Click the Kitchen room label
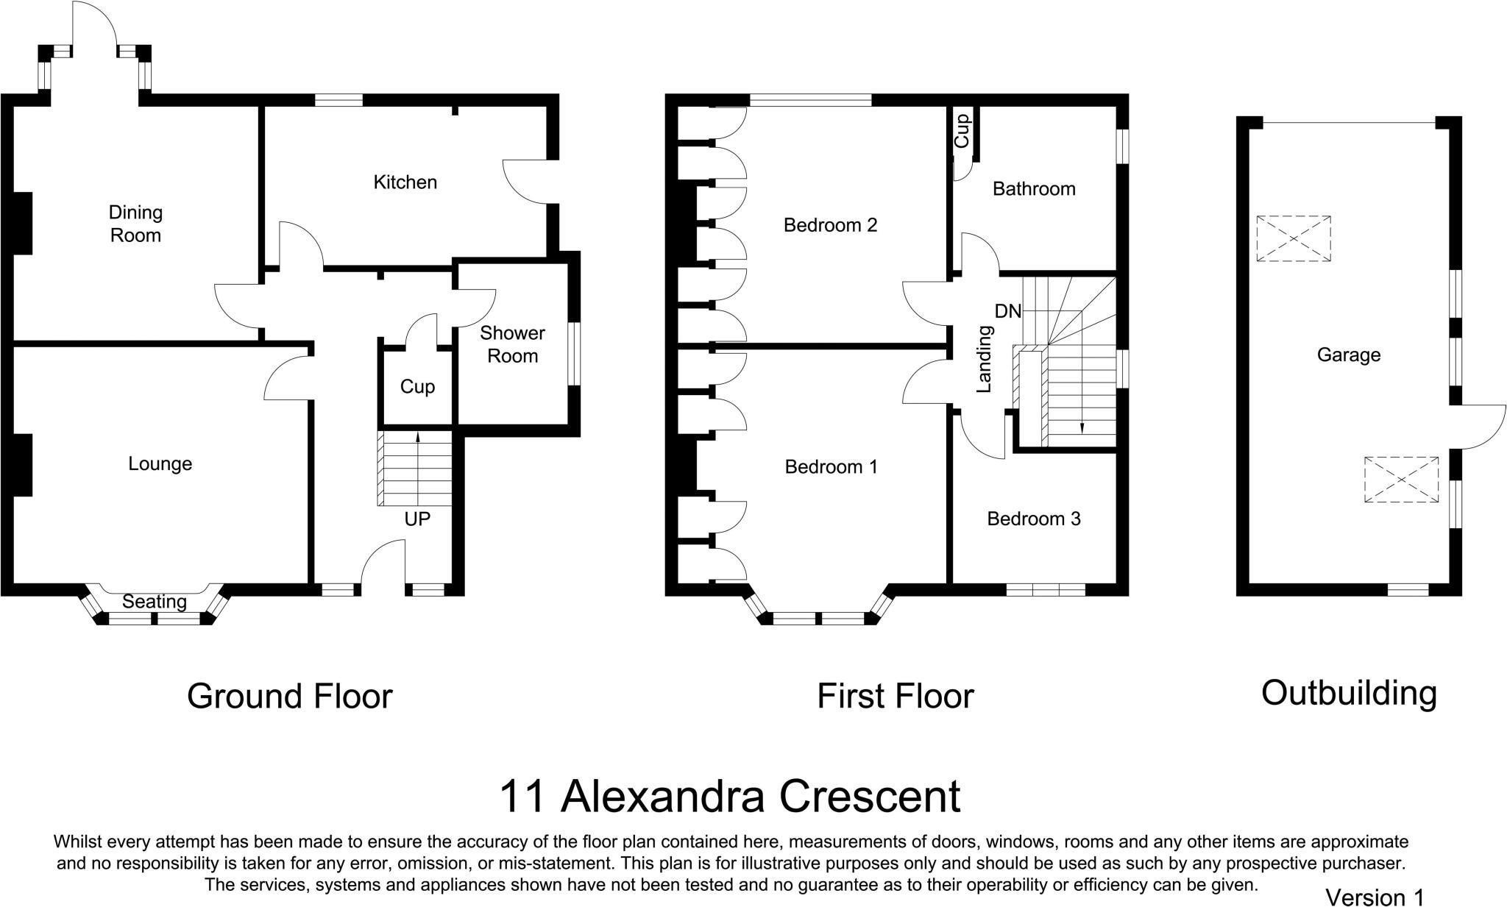coord(405,182)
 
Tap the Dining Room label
coord(135,224)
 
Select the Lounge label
coord(160,463)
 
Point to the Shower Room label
coord(512,344)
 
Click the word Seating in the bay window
coord(155,602)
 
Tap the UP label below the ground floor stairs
coord(417,519)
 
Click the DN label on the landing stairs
coord(1007,311)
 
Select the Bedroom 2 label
coord(830,224)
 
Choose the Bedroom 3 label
coord(1033,519)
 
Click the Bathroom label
coord(1033,189)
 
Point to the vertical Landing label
coord(984,359)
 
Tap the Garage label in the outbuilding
coord(1348,355)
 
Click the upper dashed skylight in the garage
coord(1293,238)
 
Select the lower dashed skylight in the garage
coord(1401,480)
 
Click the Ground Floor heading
coord(289,696)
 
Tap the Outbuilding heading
coord(1348,693)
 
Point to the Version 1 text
coord(1374,897)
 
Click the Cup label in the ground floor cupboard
coord(417,387)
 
